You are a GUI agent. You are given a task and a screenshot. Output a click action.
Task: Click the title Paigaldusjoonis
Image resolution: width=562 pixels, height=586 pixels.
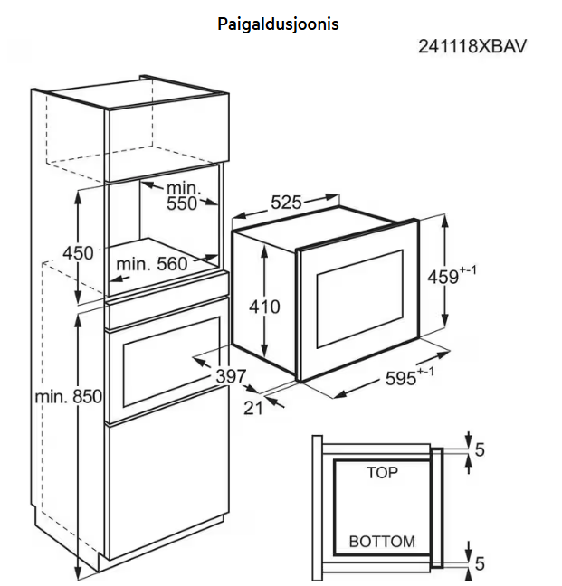coord(278,24)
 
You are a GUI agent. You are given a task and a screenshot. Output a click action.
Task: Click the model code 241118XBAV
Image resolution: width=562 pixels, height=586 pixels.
coord(472,46)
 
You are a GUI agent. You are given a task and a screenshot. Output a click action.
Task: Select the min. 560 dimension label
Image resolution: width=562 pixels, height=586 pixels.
coord(151,264)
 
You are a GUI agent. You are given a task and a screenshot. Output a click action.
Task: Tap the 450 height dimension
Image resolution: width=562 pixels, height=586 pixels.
coord(78,253)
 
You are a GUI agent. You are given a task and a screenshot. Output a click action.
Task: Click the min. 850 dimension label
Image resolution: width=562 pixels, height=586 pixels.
coord(69,396)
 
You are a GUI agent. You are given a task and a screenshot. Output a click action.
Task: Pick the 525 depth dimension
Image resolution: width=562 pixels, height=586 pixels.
coord(286,203)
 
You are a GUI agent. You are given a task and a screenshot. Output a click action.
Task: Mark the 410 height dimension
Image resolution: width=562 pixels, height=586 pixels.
coord(264,307)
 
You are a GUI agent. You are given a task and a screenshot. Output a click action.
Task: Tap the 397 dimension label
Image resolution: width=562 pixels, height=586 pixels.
coord(232,375)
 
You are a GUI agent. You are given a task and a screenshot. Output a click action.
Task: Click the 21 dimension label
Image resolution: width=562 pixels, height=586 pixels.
coord(253,408)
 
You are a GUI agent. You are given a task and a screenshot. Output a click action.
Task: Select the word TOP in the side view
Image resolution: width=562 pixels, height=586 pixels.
coord(382,472)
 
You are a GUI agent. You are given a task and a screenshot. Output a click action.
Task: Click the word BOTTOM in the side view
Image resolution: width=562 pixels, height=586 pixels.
coord(382,542)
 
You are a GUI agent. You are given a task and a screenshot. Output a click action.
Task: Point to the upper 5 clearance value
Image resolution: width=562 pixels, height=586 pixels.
coord(480,449)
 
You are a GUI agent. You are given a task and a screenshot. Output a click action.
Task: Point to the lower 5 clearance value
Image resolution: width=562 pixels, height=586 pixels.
coord(480,565)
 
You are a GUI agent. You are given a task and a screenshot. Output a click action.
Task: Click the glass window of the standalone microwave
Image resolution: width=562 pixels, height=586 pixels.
coord(359,298)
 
